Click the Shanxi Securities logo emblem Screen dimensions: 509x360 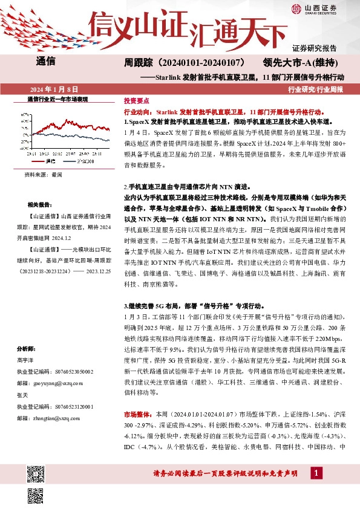pos(296,8)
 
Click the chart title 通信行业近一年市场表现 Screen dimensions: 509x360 pos(58,99)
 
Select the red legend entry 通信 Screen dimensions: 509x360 pos(50,162)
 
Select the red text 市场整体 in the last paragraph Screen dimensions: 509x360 pos(136,415)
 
